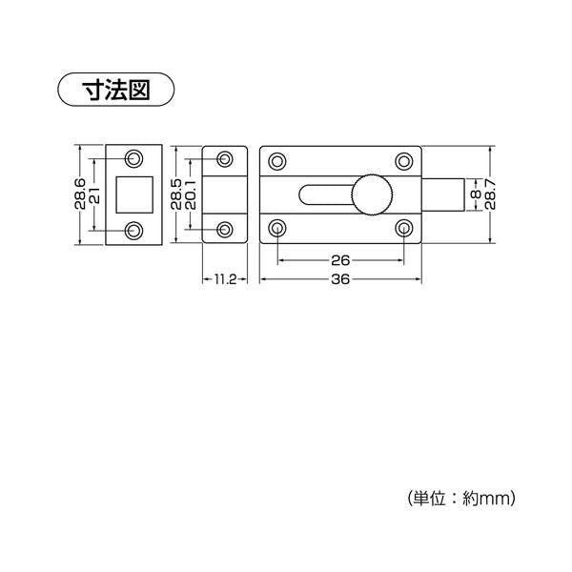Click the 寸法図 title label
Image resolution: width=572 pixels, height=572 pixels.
[116, 90]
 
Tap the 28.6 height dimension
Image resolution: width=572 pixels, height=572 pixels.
[80, 194]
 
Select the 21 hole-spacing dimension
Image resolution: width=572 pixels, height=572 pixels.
[95, 194]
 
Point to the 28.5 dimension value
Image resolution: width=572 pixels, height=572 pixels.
[176, 194]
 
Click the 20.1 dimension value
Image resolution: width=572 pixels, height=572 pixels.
[191, 194]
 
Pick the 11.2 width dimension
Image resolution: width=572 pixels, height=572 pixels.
[225, 279]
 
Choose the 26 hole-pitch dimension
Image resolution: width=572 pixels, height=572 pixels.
[340, 260]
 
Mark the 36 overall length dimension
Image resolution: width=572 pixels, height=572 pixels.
[340, 279]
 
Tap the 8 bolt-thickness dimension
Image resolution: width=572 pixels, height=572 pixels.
[476, 194]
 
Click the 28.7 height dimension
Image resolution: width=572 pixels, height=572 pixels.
[490, 194]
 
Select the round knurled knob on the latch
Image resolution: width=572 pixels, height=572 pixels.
[372, 194]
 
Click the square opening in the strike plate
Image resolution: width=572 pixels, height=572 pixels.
[134, 194]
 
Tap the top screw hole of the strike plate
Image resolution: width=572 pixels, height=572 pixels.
[133, 158]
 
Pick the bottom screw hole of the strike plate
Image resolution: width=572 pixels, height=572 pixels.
[133, 230]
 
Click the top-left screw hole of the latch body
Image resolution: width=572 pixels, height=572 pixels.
[277, 161]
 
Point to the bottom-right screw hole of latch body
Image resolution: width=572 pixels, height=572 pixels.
[404, 228]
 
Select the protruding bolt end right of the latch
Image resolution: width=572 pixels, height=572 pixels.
[443, 194]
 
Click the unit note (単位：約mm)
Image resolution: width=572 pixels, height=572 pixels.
[461, 498]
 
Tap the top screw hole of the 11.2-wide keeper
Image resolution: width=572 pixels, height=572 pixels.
[225, 159]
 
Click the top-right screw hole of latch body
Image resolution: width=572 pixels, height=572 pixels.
[404, 161]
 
